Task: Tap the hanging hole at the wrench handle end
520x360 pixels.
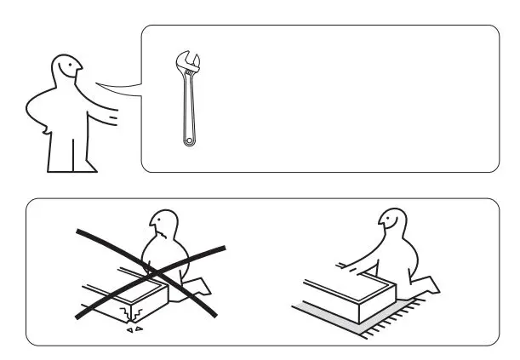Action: (188, 139)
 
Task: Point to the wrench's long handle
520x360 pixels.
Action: (187, 106)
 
